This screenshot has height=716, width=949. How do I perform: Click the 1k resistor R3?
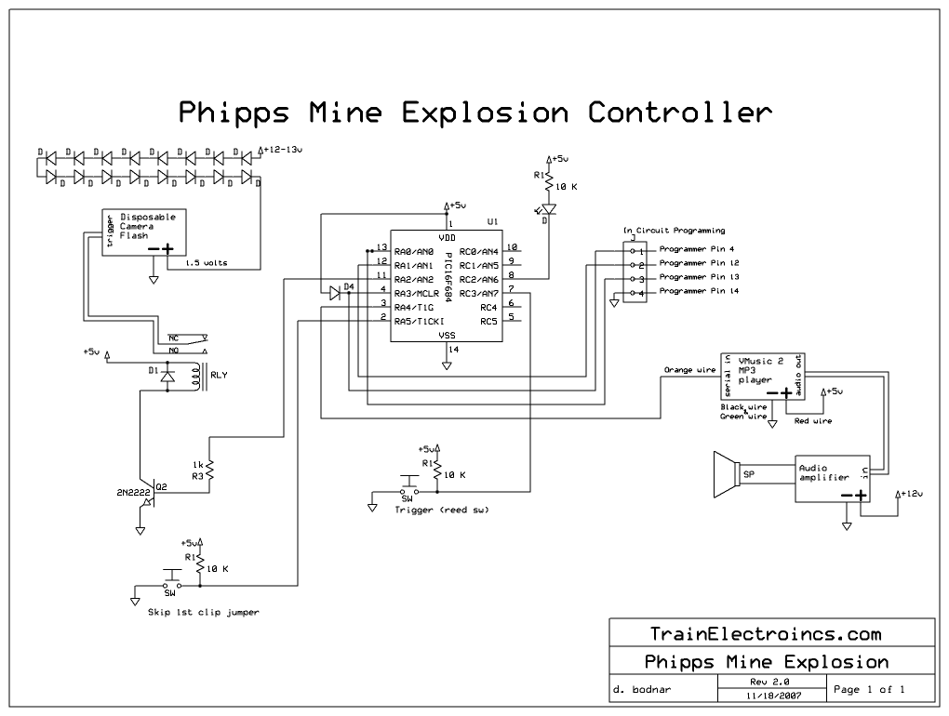[211, 472]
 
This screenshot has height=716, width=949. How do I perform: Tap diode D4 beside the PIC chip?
[336, 293]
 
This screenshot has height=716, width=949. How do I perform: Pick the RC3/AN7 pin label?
[478, 292]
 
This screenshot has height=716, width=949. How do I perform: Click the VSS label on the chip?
[448, 336]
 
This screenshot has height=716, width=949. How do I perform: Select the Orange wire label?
[690, 369]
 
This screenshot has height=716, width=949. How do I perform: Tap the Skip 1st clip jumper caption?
[203, 613]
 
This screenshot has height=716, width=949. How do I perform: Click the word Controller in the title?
[679, 113]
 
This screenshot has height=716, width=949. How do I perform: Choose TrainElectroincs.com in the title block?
[766, 634]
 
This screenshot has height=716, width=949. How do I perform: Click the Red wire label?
[813, 420]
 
